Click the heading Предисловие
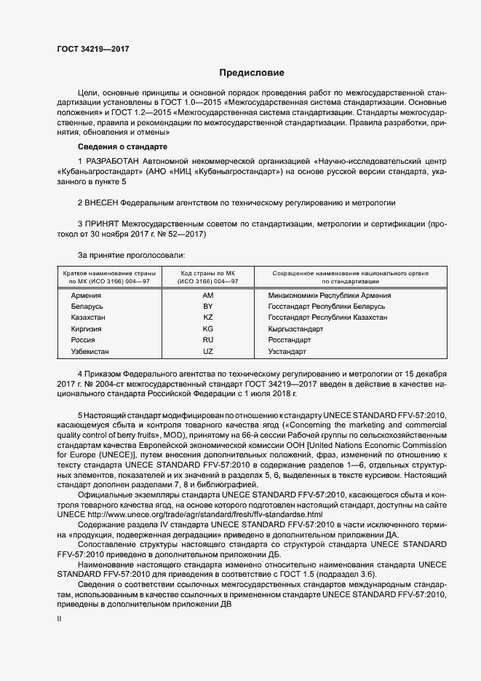pos(252,73)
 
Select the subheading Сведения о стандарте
pos(118,146)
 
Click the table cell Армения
pos(86,296)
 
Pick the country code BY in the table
pos(208,307)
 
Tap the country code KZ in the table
pos(208,318)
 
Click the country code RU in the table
pos(208,340)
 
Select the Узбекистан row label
pos(90,352)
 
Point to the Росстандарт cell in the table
pos(290,340)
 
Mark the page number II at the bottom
pos(60,618)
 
